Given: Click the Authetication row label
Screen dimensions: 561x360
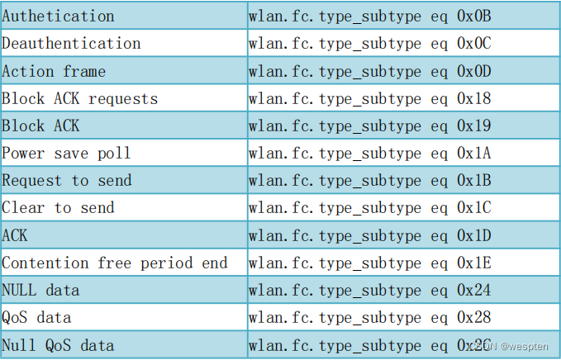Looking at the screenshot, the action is (59, 17).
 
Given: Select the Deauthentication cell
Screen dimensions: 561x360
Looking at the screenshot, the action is (72, 44).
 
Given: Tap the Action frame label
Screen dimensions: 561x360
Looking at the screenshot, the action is (54, 71).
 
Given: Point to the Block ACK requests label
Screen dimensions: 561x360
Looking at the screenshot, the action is (80, 98).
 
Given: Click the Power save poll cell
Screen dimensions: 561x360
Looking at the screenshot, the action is (67, 154).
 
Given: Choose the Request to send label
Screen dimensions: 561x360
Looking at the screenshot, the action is (67, 181).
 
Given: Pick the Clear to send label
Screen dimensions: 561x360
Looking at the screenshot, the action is (59, 208).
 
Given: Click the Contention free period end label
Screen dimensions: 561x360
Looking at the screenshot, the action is (115, 263).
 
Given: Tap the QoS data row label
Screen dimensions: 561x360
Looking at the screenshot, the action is (37, 318).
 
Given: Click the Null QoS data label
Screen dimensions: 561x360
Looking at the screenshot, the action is (59, 345).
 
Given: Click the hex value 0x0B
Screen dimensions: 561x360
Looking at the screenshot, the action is (474, 17).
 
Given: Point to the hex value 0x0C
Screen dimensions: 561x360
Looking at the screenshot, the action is (474, 44).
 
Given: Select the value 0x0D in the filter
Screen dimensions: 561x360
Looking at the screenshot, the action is (474, 71).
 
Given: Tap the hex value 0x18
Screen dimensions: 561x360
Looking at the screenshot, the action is (474, 98).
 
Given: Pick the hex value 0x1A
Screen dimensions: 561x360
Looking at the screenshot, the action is (474, 154).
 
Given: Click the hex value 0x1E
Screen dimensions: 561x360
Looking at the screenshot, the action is (474, 263).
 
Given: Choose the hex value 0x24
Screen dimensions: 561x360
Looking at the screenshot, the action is (474, 291).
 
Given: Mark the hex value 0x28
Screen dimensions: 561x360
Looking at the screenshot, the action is (474, 318).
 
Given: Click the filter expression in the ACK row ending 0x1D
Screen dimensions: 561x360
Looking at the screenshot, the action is (370, 236).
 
